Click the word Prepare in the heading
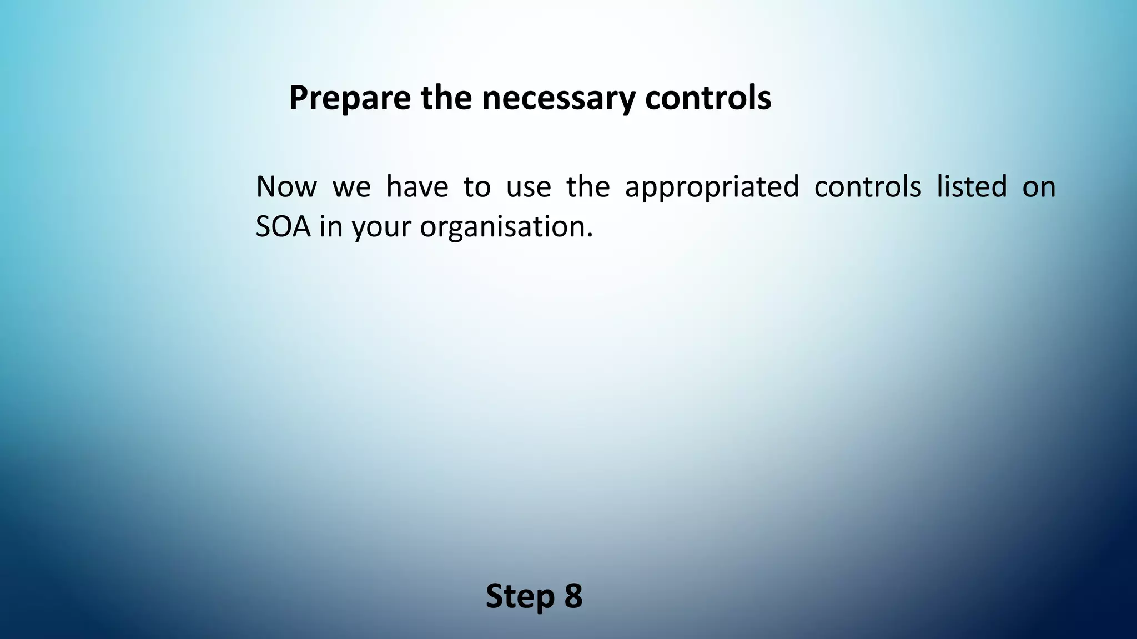(x=350, y=98)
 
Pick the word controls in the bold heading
(x=708, y=98)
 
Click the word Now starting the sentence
(x=286, y=187)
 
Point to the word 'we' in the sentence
(x=351, y=187)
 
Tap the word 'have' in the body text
(x=417, y=187)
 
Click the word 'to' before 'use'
(x=477, y=187)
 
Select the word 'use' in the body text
(x=529, y=187)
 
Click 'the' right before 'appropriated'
(x=588, y=187)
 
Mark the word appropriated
(x=712, y=187)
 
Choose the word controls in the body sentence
(x=868, y=187)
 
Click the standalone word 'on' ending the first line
(x=1039, y=187)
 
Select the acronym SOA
(x=283, y=227)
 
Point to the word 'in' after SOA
(x=331, y=227)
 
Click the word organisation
(x=506, y=227)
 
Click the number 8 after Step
(x=573, y=596)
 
